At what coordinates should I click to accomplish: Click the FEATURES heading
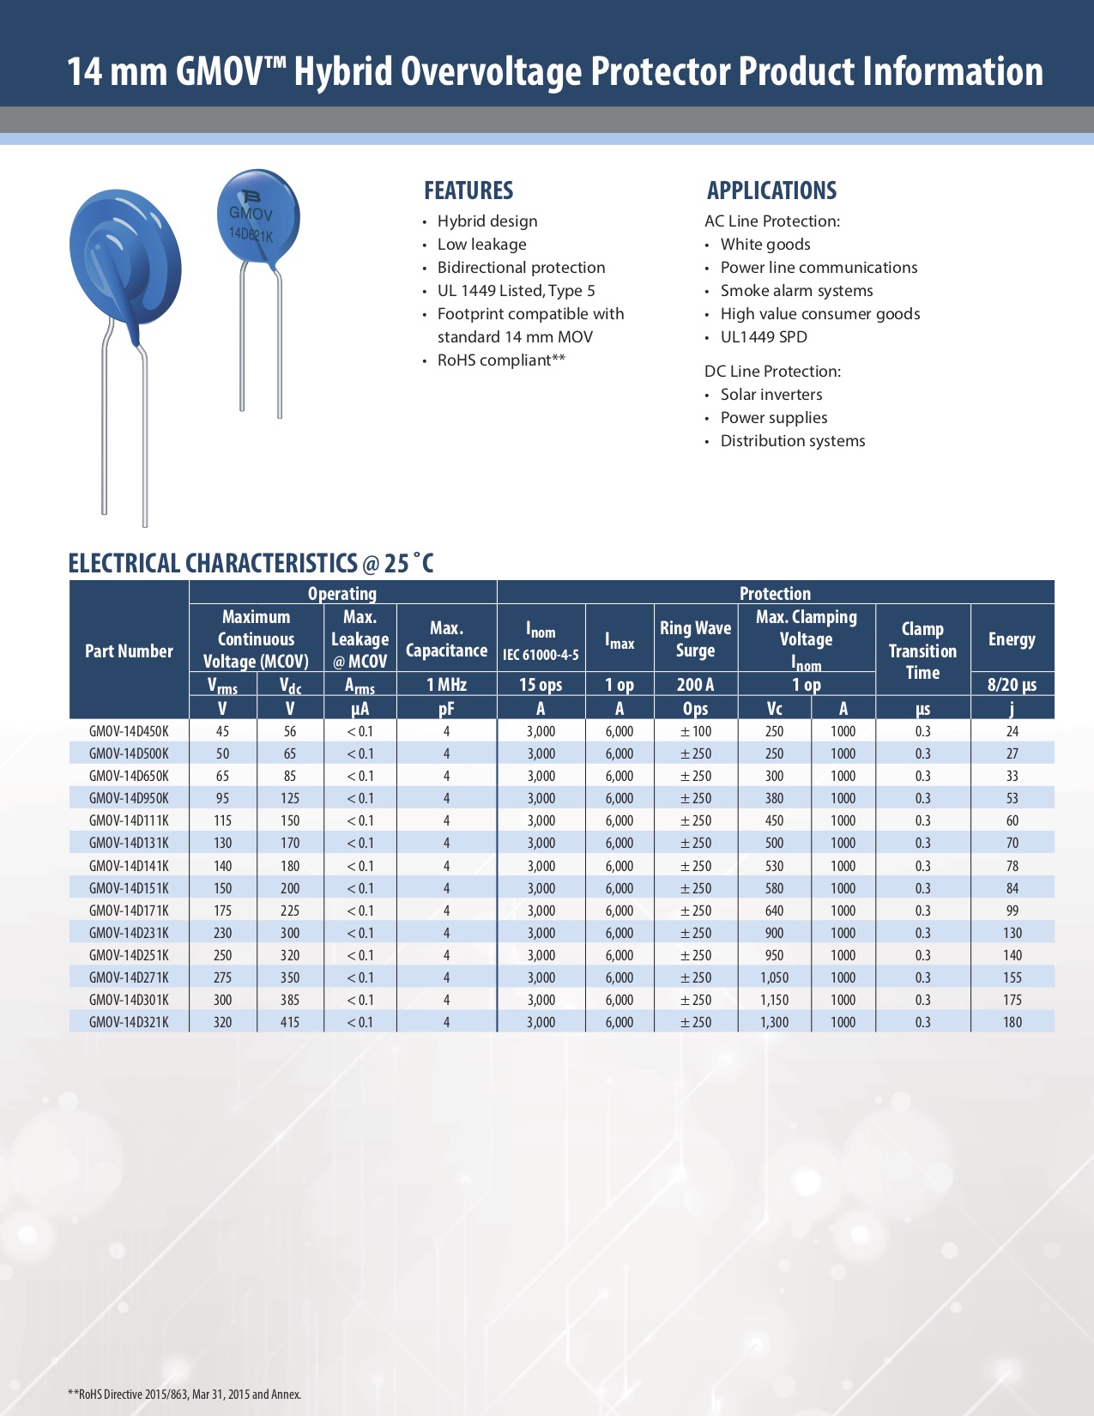point(468,191)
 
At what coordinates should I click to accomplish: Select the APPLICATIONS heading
point(771,191)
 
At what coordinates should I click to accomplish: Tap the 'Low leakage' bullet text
point(481,245)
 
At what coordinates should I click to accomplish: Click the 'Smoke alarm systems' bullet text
point(796,291)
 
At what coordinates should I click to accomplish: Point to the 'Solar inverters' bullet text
point(771,395)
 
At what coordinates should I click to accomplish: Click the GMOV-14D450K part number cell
point(129,731)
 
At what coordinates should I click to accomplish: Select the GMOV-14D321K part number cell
point(129,1022)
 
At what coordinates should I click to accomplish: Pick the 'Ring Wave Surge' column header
point(695,639)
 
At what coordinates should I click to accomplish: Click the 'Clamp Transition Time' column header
point(922,651)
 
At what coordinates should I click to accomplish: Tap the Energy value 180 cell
point(1012,1022)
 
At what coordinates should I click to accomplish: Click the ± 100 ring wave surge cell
point(696,731)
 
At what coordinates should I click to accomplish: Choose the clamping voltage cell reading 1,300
point(774,1022)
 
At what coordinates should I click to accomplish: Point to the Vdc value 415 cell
point(290,1022)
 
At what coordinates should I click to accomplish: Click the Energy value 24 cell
point(1012,731)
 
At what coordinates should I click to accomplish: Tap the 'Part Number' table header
point(129,651)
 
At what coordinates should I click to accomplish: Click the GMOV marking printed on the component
point(251,214)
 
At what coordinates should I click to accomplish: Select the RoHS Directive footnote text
point(184,1394)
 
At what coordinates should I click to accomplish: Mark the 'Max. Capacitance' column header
point(446,639)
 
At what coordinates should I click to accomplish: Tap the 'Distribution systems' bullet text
point(792,441)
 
